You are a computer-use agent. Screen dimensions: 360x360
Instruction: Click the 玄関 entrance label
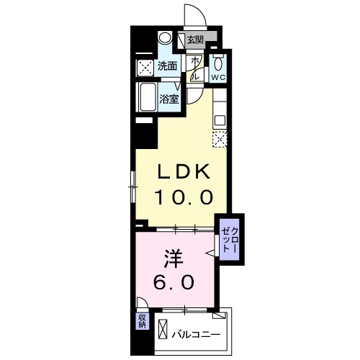[x=195, y=40]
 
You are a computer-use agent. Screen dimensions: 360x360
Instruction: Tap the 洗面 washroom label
[x=167, y=66]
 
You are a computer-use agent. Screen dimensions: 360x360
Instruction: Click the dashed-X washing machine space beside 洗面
[x=144, y=67]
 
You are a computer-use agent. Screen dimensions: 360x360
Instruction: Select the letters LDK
[x=184, y=173]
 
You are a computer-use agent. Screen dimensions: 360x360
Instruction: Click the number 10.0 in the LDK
[x=184, y=197]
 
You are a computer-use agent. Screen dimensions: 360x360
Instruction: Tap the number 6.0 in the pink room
[x=173, y=282]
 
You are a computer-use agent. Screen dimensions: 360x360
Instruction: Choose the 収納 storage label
[x=141, y=320]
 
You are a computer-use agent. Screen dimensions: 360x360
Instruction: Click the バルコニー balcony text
[x=196, y=333]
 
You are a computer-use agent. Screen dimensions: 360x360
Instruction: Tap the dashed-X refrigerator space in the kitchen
[x=220, y=139]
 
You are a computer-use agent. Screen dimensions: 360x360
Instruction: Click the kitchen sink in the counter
[x=220, y=120]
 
